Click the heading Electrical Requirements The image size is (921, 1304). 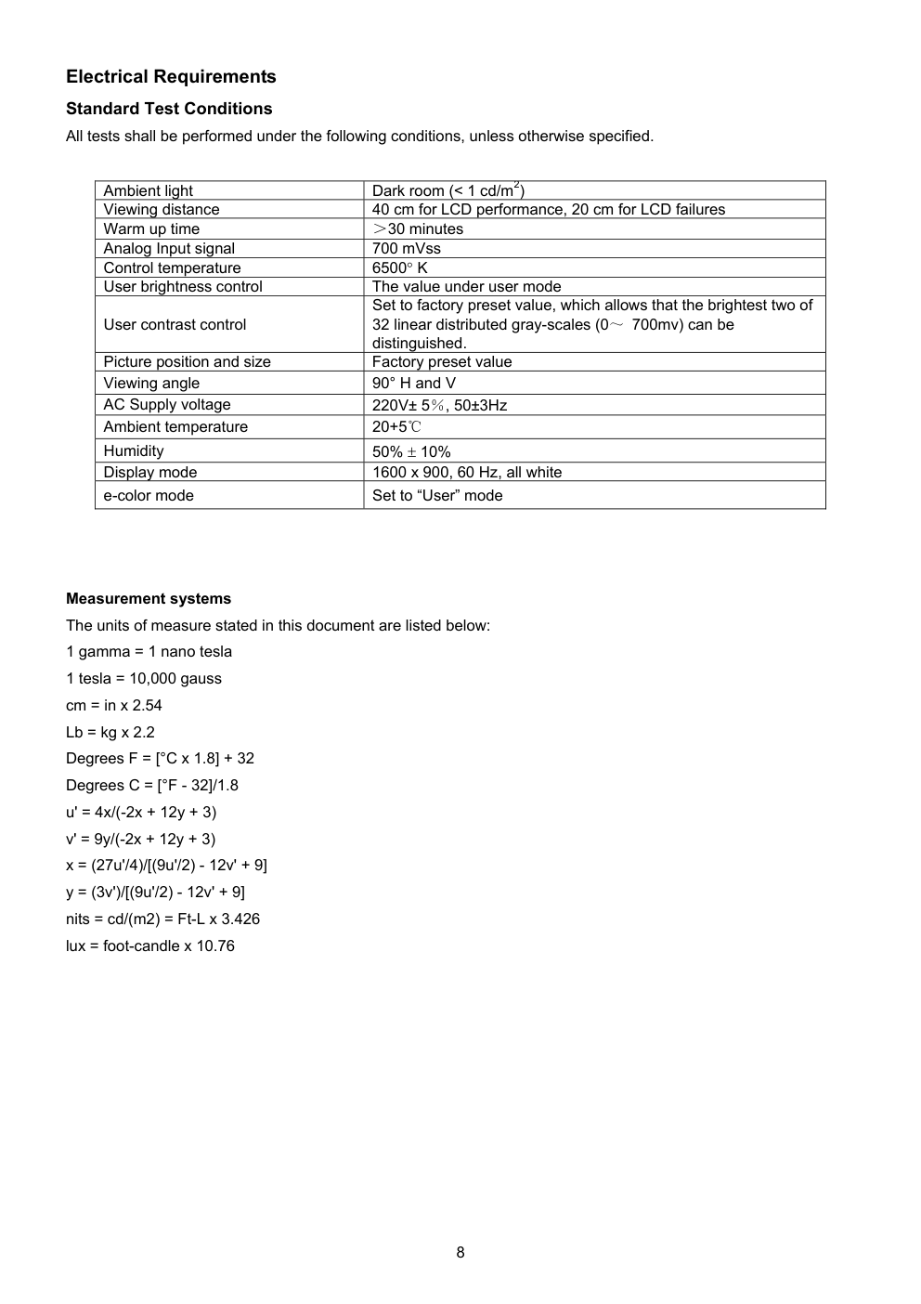pos(171,77)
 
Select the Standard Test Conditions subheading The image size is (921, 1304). pos(169,109)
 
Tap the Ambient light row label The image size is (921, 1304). pos(149,190)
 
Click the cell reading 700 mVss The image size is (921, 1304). pos(407,248)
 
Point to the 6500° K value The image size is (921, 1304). pos(400,267)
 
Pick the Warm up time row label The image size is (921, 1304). pos(151,228)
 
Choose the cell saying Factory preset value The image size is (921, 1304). pos(442,361)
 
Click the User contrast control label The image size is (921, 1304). pos(175,324)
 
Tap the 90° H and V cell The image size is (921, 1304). pos(414,383)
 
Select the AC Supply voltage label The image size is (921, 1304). pos(167,404)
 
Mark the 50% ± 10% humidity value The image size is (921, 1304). pos(411,451)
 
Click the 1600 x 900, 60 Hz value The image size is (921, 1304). pos(467,472)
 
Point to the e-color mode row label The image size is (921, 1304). pos(149,495)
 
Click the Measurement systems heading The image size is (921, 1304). pos(149,599)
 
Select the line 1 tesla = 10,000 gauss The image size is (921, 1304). pos(144,678)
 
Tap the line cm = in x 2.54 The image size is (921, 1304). pos(114,705)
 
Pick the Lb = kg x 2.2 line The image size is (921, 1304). pos(110,732)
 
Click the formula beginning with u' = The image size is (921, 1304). pos(141,812)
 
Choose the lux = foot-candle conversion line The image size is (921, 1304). pos(150,945)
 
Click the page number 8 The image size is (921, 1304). pos(460,1252)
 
